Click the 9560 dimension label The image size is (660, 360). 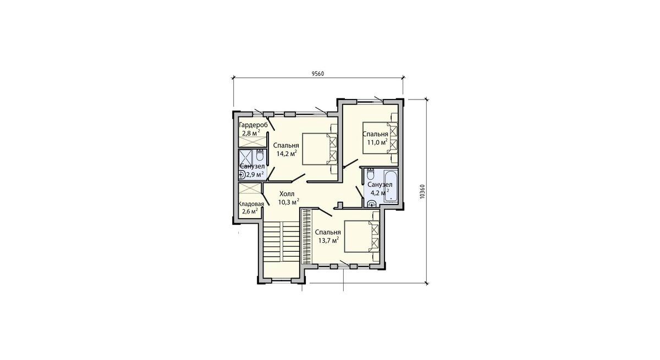[318, 74]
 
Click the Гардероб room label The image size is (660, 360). [253, 125]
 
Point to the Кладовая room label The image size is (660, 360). [251, 204]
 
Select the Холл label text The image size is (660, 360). [287, 193]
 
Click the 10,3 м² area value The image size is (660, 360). [289, 202]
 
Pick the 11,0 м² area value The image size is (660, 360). [377, 142]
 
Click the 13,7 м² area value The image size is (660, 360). [328, 240]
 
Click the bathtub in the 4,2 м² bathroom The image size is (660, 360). [391, 185]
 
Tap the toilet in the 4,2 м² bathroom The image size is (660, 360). [370, 174]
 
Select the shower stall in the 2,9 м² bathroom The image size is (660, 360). [245, 159]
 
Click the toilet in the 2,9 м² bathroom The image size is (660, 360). [260, 156]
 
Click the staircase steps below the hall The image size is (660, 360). [282, 241]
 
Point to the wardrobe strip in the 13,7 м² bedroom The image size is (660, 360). [307, 236]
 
